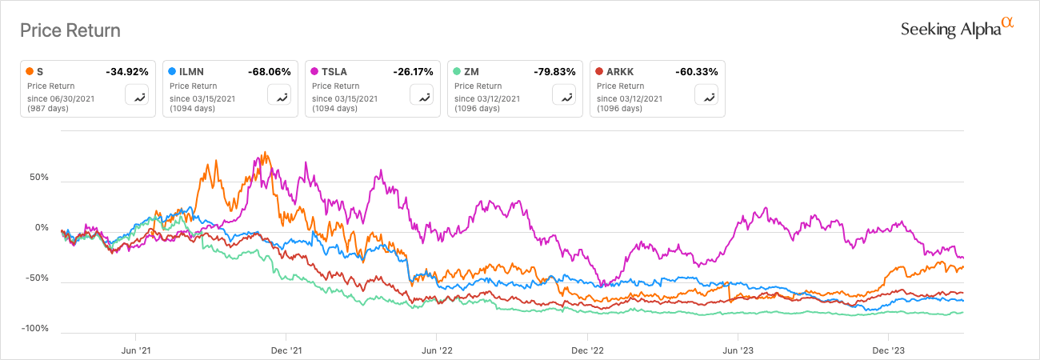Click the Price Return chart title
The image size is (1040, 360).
(70, 30)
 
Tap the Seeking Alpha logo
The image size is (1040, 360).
(957, 29)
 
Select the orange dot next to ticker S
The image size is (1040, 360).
(30, 72)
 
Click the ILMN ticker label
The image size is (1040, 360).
(186, 72)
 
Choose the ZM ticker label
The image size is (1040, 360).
(470, 72)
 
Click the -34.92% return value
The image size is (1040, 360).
(127, 72)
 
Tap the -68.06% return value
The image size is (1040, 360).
(270, 72)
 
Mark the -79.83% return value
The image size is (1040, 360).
(554, 72)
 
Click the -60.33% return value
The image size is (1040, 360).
(697, 72)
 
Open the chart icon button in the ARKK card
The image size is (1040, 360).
(706, 96)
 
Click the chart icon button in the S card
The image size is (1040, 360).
(137, 96)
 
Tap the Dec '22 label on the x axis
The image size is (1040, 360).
(587, 350)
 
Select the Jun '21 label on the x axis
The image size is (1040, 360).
(135, 350)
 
